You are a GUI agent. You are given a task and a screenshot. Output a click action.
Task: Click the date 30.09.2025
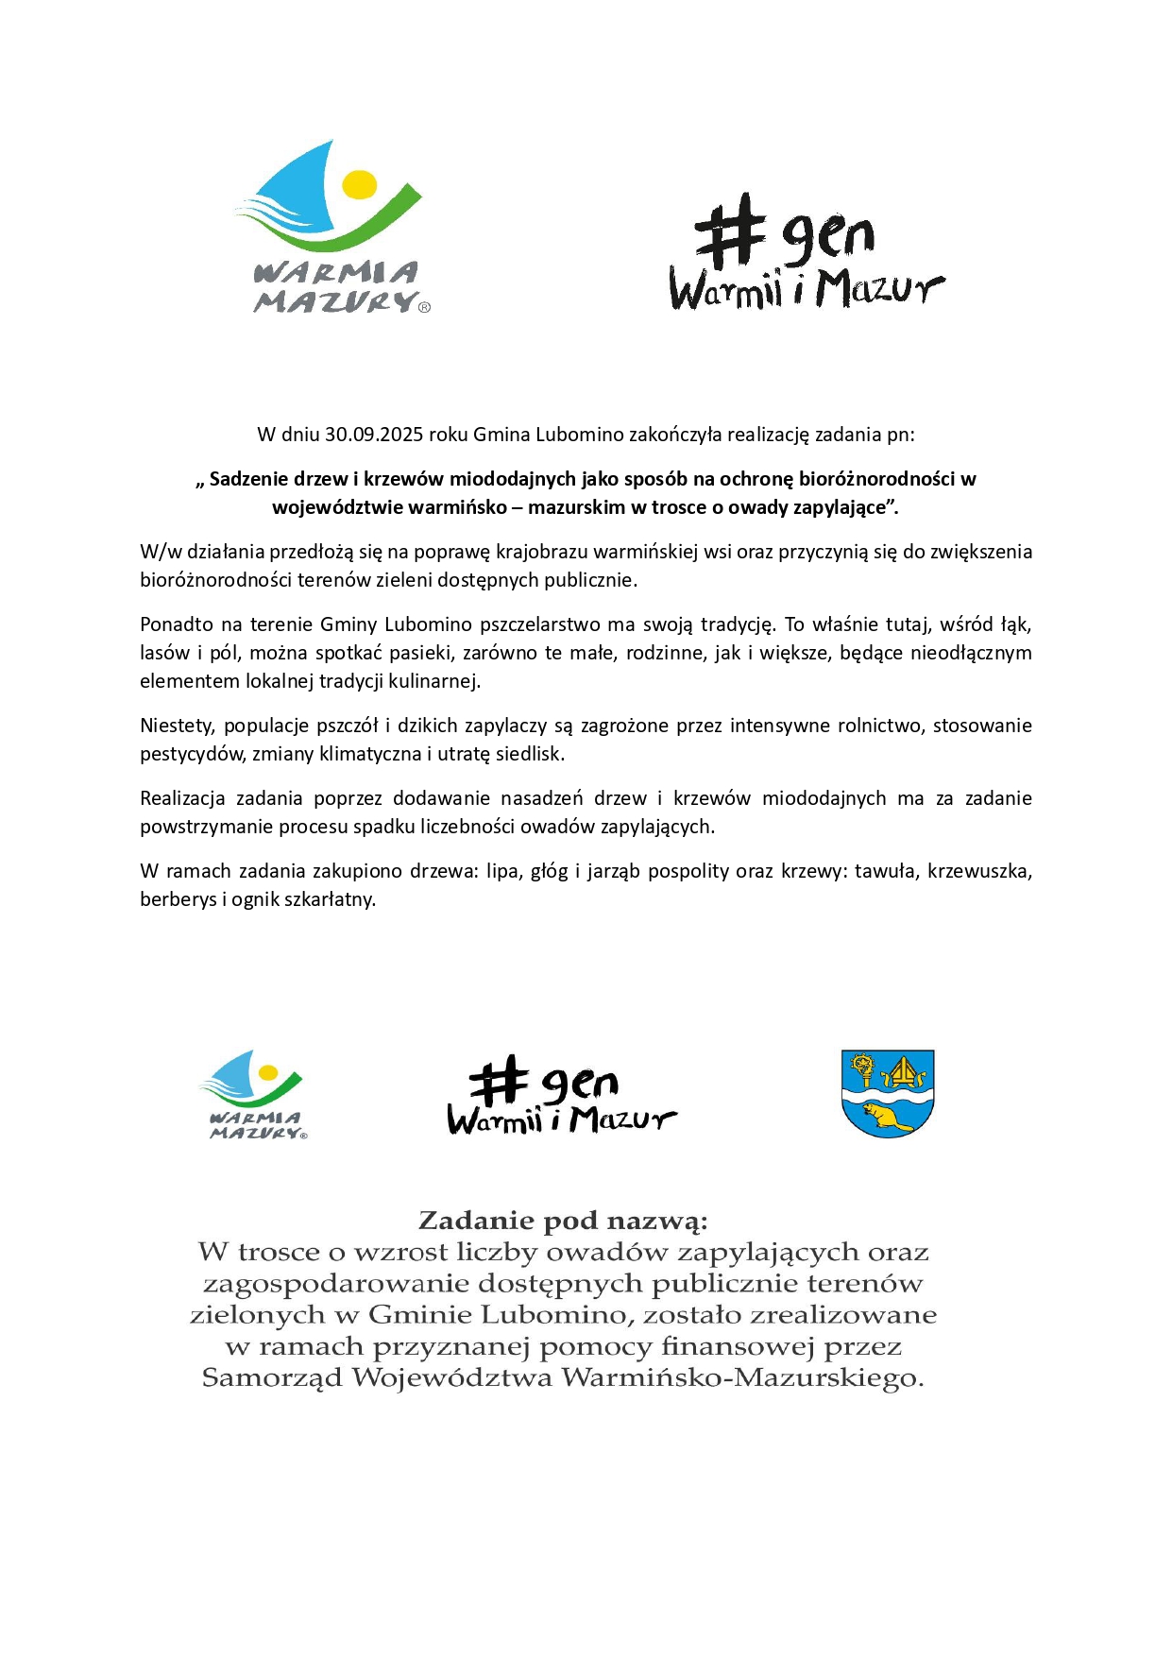click(374, 435)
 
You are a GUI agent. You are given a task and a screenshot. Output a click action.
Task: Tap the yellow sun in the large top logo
click(359, 184)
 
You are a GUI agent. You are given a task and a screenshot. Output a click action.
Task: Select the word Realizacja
click(182, 798)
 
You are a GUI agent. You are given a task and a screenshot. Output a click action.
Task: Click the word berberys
click(178, 899)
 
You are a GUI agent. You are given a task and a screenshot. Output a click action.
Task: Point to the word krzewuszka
click(978, 871)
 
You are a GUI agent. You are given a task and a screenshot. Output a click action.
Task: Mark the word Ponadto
click(177, 624)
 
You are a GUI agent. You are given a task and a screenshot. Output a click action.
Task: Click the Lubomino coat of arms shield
click(887, 1093)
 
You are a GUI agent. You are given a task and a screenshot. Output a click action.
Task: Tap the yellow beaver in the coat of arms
click(888, 1116)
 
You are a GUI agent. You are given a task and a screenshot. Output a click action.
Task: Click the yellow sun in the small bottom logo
click(268, 1072)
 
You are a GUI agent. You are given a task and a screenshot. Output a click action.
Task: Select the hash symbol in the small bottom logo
click(497, 1081)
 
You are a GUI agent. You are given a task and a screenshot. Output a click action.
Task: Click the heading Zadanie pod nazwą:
click(563, 1221)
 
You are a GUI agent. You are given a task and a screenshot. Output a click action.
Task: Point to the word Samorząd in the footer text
click(272, 1377)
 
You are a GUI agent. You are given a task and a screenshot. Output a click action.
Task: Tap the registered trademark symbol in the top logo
click(424, 307)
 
